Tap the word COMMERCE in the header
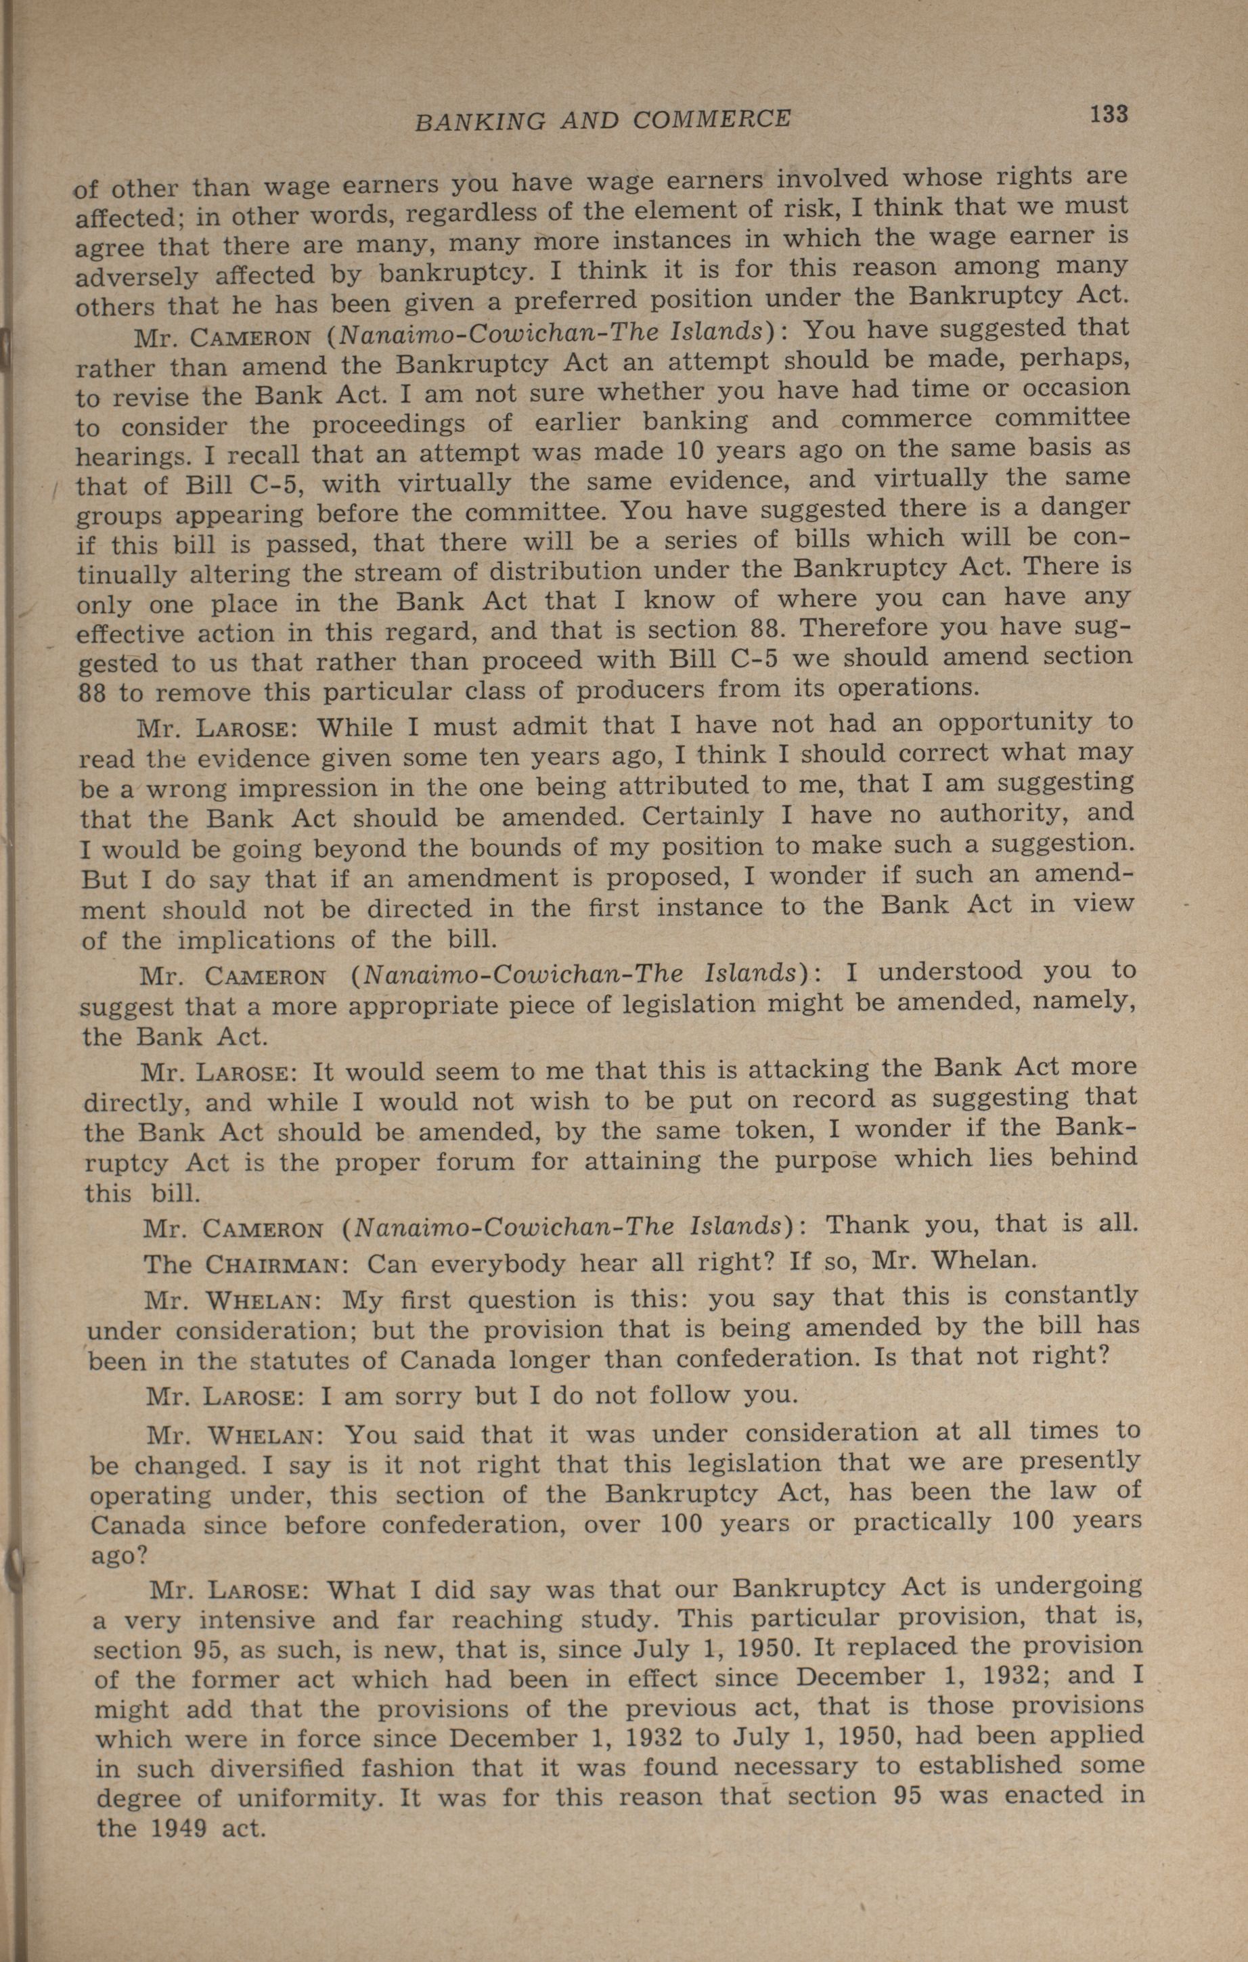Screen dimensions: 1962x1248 click(x=711, y=120)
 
